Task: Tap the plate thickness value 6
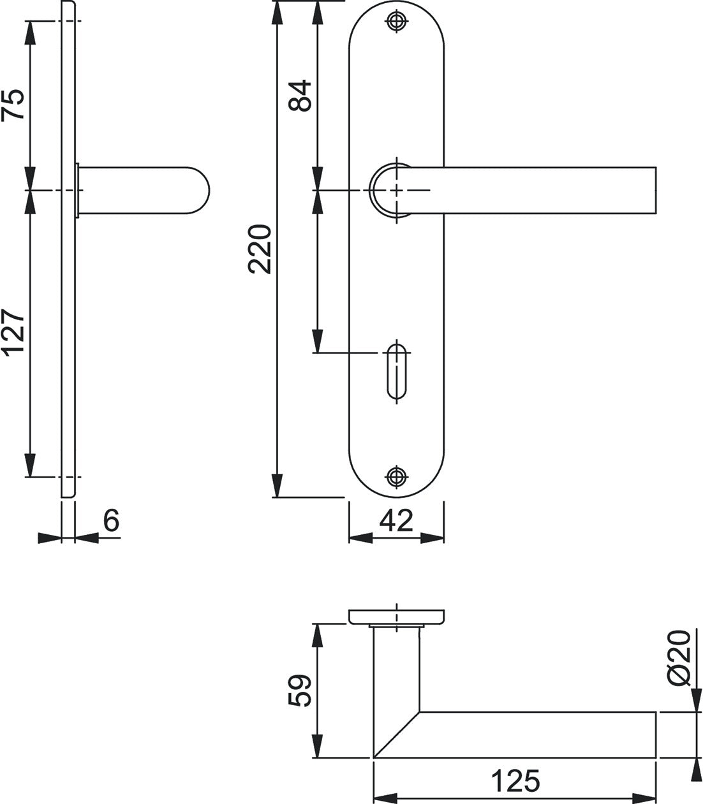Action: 111,520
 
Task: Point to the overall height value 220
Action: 260,249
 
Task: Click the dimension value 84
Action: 300,96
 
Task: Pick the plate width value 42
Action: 396,520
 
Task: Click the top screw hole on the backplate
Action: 397,21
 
